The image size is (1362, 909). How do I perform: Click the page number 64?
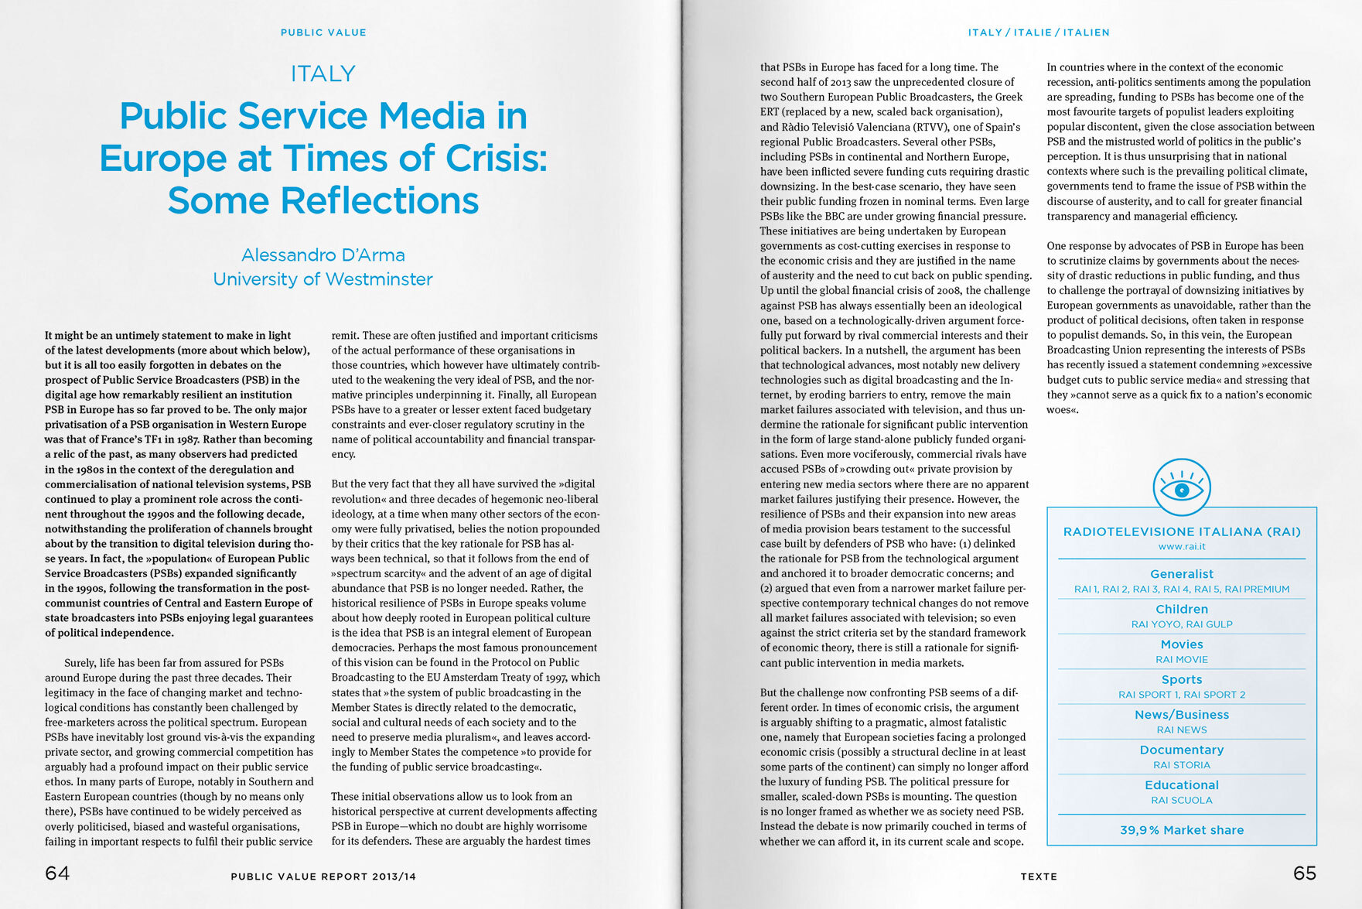coord(57,873)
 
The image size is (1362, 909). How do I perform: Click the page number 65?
coord(1304,873)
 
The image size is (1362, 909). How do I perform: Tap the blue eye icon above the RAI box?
coord(1181,488)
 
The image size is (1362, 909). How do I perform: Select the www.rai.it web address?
coord(1181,547)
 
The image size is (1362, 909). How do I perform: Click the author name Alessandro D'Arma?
coord(323,255)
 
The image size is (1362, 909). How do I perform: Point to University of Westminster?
coord(323,279)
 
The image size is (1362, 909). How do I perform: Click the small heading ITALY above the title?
coord(323,74)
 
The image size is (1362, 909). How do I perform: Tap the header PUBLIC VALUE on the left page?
coord(323,32)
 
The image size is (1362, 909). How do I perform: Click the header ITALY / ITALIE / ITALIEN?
coord(1038,32)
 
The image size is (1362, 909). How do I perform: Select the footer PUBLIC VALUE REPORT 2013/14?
coord(323,877)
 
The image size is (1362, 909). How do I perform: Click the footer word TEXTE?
coord(1038,877)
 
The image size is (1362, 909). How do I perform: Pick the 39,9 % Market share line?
coord(1181,830)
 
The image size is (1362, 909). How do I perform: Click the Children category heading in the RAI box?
coord(1181,610)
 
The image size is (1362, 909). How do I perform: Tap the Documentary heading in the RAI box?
coord(1181,750)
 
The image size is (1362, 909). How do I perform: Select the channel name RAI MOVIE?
coord(1181,660)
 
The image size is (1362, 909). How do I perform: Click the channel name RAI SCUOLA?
coord(1181,801)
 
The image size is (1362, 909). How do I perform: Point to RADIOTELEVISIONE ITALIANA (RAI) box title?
coord(1181,532)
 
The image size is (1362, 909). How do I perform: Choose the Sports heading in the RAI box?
coord(1181,680)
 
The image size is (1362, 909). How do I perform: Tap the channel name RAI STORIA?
coord(1181,765)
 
